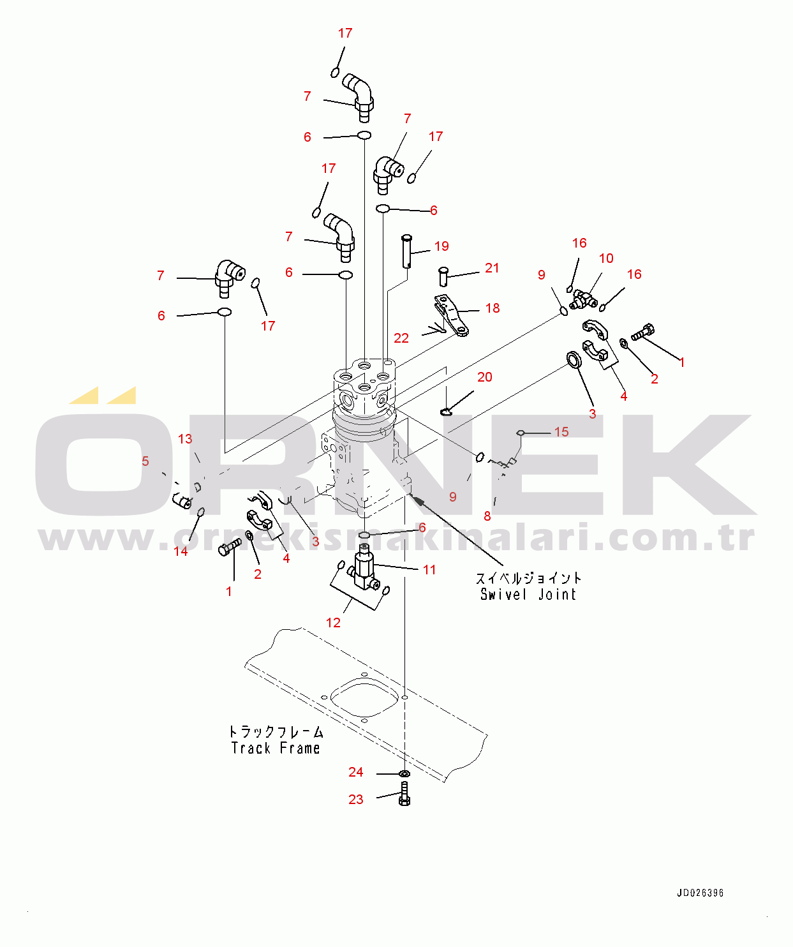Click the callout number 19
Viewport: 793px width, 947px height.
coord(441,246)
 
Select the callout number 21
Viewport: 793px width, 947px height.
coord(491,268)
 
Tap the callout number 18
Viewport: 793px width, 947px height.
coord(493,308)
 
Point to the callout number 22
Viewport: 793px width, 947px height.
coord(401,338)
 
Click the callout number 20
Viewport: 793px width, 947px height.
coord(484,377)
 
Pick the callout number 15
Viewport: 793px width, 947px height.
coord(561,432)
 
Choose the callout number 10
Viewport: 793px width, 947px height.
coord(606,258)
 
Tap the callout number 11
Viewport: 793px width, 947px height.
coord(429,570)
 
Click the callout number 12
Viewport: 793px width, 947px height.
coord(333,623)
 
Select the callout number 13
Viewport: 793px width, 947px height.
coord(185,438)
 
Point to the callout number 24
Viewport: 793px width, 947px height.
coord(356,772)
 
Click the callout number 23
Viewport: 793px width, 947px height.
coord(356,799)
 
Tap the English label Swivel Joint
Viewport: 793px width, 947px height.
coord(528,594)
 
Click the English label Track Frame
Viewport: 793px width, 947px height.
coord(276,748)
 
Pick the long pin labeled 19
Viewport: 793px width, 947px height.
coord(406,251)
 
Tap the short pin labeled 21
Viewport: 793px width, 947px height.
coord(443,277)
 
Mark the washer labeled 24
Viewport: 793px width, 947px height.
coord(404,773)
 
